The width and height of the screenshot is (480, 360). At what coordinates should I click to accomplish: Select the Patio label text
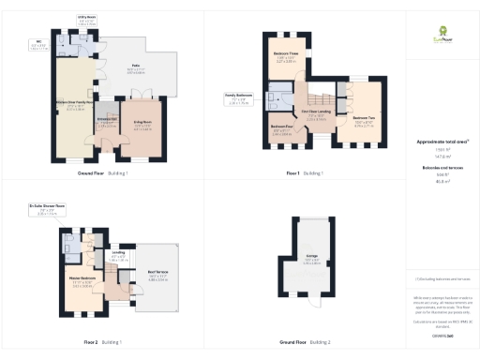click(x=136, y=67)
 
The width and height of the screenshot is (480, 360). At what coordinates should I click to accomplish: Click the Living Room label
click(x=144, y=123)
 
